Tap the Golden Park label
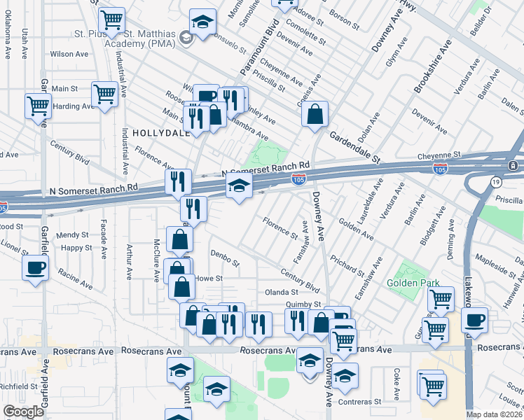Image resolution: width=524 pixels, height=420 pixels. pos(413,283)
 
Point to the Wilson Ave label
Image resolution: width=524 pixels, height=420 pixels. pos(69,54)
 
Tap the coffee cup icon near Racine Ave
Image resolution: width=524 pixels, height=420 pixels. pos(35,267)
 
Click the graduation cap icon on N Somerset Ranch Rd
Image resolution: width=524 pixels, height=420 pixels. pos(239,186)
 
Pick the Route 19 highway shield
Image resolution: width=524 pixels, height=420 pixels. pos(496,182)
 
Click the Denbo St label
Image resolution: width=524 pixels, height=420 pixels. pos(225,259)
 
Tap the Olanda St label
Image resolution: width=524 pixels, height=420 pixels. pos(281,292)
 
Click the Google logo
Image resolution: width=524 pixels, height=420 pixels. pos(23,412)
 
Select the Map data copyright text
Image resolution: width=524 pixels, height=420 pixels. pos(494,414)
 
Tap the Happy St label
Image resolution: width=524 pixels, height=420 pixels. pos(76,248)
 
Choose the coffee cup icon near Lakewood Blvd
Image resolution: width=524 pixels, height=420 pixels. pos(475,320)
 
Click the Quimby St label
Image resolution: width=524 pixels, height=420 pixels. pos(303,304)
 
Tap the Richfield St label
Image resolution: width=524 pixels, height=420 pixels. pos(18,386)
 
